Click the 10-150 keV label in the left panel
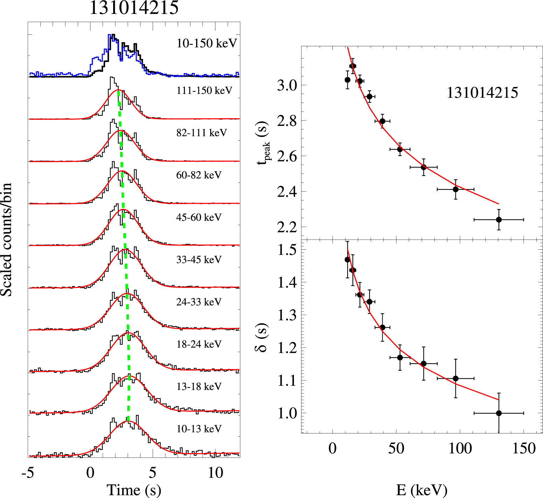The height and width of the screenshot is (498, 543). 207,43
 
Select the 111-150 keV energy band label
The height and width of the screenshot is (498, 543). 204,91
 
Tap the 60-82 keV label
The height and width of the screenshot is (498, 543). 199,175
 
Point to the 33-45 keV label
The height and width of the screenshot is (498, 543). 199,260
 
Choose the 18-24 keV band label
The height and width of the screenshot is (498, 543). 199,344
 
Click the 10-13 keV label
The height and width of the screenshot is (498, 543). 199,429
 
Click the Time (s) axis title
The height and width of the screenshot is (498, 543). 134,490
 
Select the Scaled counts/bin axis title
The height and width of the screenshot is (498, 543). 7,240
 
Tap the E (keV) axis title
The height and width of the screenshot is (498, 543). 421,490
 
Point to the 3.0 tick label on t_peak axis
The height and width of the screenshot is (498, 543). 287,85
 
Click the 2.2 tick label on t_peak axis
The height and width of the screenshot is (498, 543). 287,227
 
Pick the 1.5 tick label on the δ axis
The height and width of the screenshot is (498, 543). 287,250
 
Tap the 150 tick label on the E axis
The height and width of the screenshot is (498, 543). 524,449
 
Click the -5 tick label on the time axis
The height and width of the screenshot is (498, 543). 28,473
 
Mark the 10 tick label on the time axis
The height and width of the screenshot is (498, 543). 215,473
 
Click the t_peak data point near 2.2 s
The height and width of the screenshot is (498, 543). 499,220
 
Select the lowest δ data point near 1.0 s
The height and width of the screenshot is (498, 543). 499,413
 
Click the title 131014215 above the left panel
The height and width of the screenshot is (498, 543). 134,8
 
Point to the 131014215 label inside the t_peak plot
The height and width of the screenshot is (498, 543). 482,93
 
